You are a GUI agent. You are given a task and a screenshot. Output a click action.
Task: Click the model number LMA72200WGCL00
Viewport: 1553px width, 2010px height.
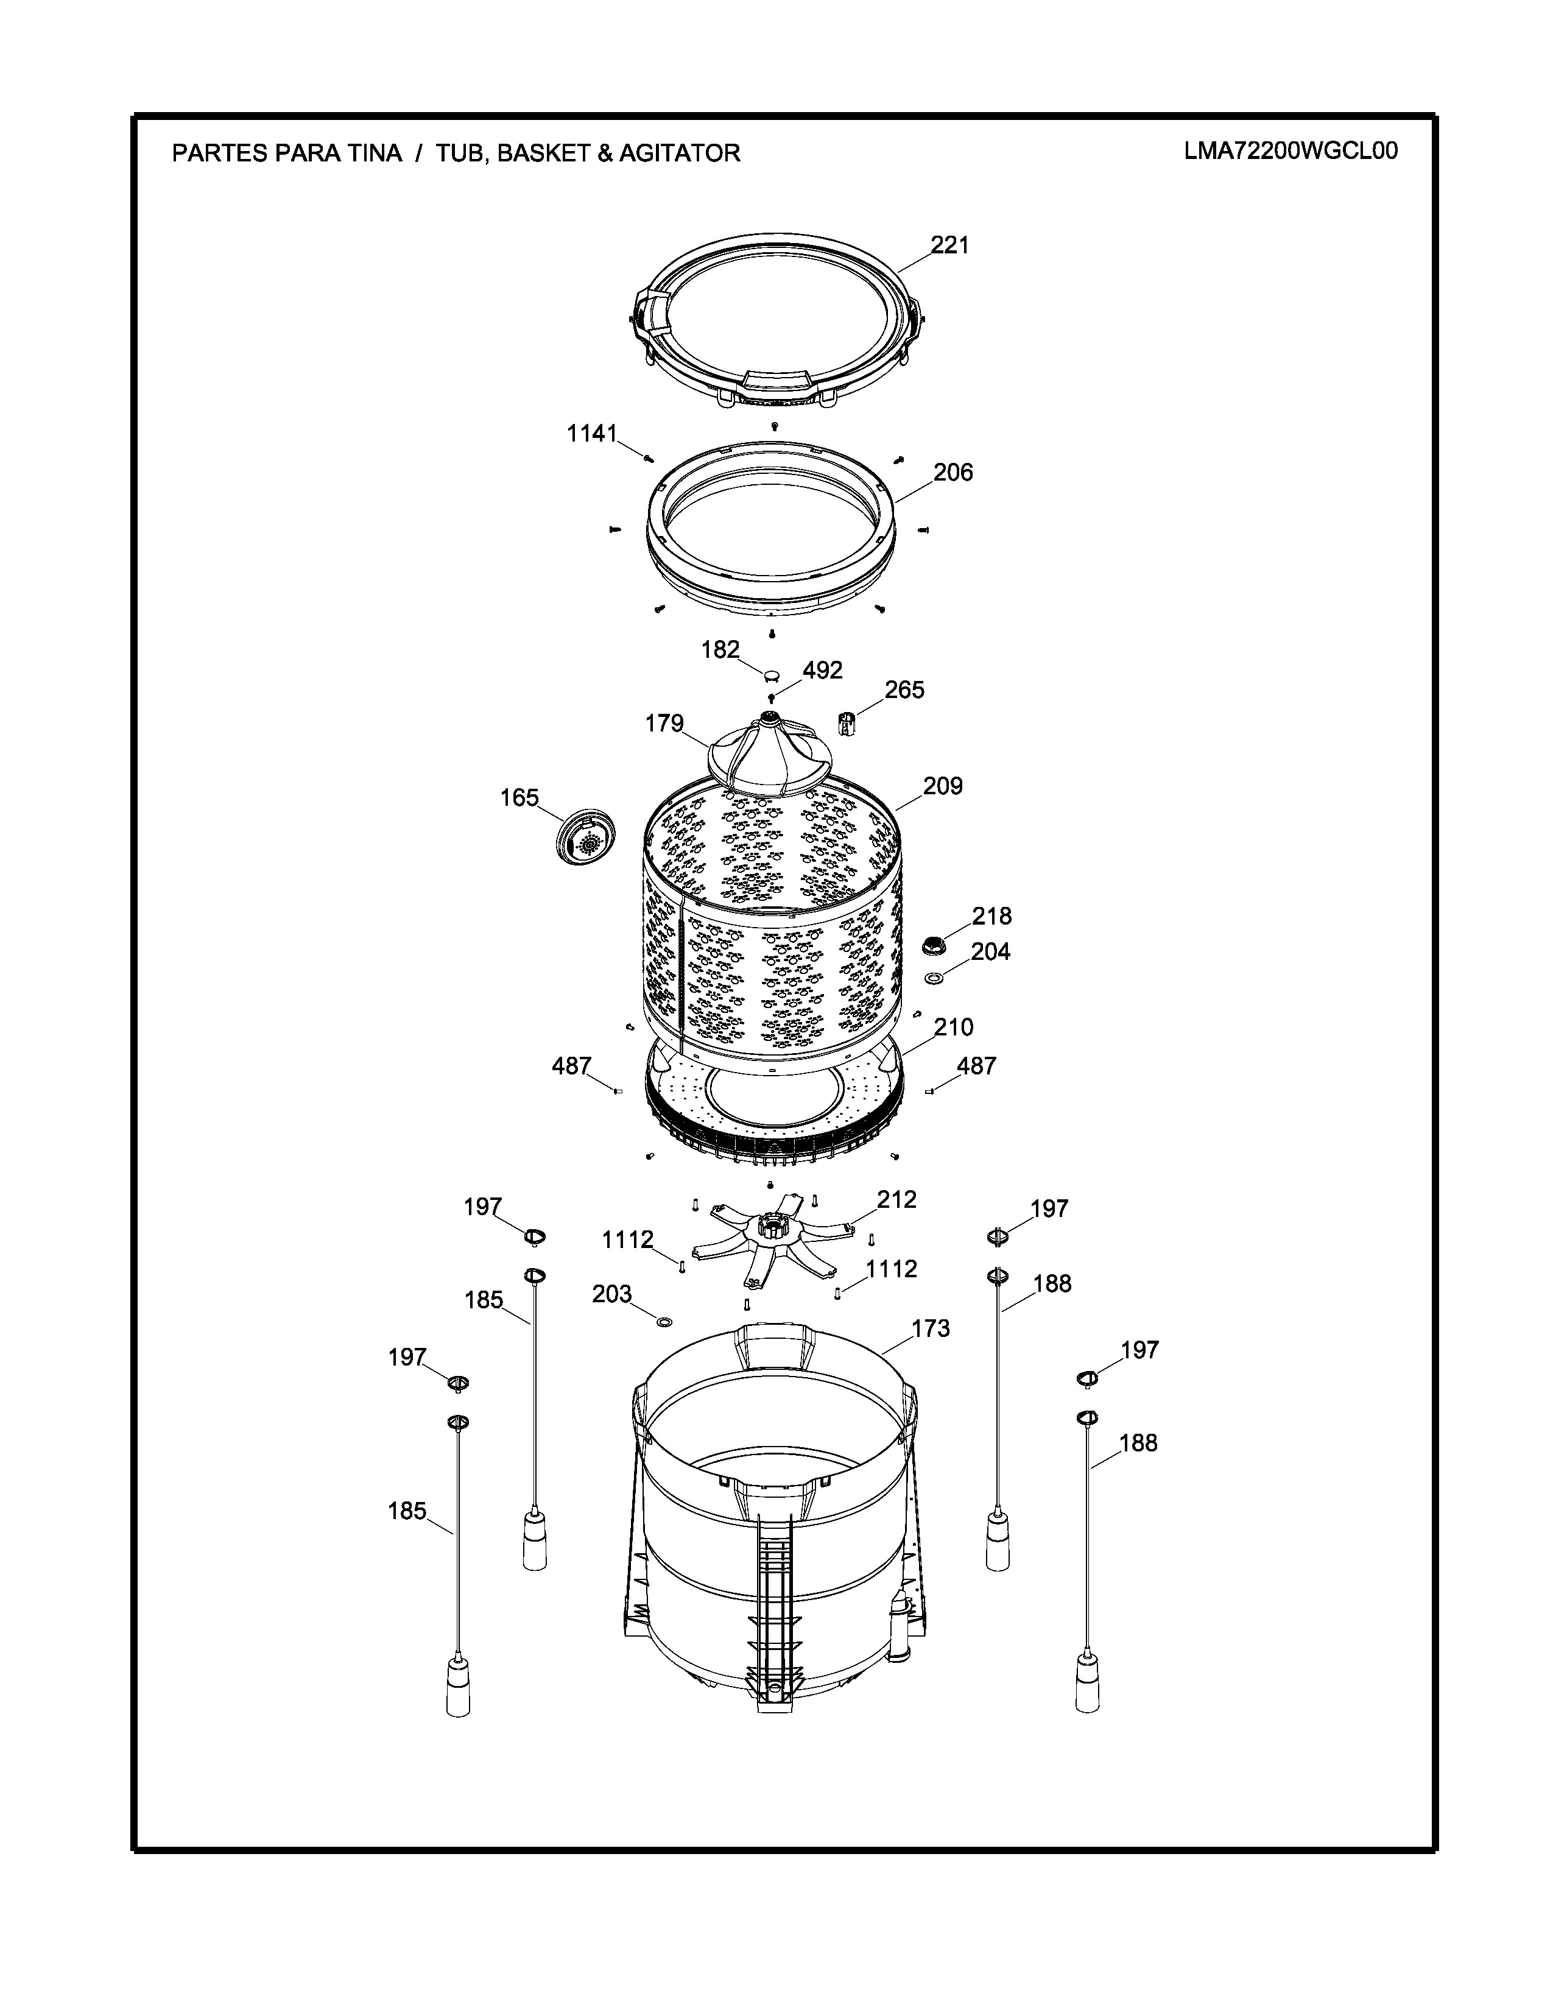coord(1291,151)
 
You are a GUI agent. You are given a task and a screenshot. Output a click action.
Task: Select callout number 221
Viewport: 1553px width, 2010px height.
coord(949,245)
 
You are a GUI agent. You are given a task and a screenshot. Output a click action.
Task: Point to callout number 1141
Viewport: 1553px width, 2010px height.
coord(591,434)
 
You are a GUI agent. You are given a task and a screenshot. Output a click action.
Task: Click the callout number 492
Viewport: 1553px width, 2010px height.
coord(822,670)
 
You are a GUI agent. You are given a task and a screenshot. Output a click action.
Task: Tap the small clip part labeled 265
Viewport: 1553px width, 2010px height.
coord(847,722)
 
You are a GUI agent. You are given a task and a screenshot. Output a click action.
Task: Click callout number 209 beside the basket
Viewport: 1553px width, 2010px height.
coord(943,786)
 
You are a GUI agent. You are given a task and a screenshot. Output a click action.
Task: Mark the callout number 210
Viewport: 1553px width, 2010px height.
coord(954,1027)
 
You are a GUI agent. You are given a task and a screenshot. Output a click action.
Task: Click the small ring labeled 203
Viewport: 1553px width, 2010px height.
coord(663,1322)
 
